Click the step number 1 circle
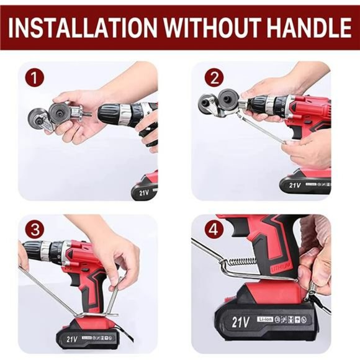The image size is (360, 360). [35, 79]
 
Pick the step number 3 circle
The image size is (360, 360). [35, 229]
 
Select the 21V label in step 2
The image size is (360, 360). [294, 184]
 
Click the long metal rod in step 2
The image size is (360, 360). [264, 127]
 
